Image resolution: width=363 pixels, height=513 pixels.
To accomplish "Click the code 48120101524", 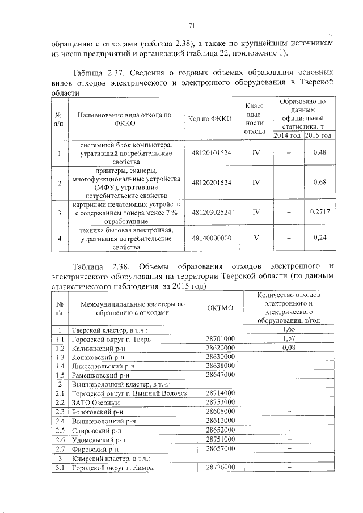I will point(212,152).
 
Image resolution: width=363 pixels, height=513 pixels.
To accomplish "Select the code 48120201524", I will point(212,183).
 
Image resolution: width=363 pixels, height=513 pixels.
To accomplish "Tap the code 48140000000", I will point(212,239).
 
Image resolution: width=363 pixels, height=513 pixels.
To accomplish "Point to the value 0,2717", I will point(320,212).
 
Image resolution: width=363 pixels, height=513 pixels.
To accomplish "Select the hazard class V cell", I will point(256,239).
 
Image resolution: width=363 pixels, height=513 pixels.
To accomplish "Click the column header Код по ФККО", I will point(212,118).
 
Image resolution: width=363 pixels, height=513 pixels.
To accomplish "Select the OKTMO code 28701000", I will point(220,338).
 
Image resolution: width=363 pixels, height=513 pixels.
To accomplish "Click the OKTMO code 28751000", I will point(220,439).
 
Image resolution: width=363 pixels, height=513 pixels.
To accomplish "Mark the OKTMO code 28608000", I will point(220,412).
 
